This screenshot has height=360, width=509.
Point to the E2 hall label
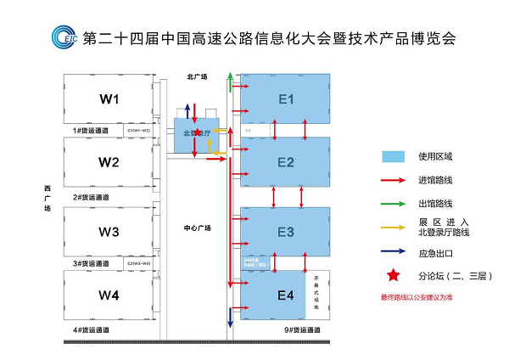click(x=286, y=162)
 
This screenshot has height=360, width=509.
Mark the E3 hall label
click(x=286, y=231)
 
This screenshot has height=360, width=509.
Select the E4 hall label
click(x=286, y=295)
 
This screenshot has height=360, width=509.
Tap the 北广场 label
click(x=199, y=77)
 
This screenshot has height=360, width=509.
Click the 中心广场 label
click(x=197, y=228)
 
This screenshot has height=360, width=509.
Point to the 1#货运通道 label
click(x=92, y=131)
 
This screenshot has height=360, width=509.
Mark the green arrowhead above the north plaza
click(x=230, y=77)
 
